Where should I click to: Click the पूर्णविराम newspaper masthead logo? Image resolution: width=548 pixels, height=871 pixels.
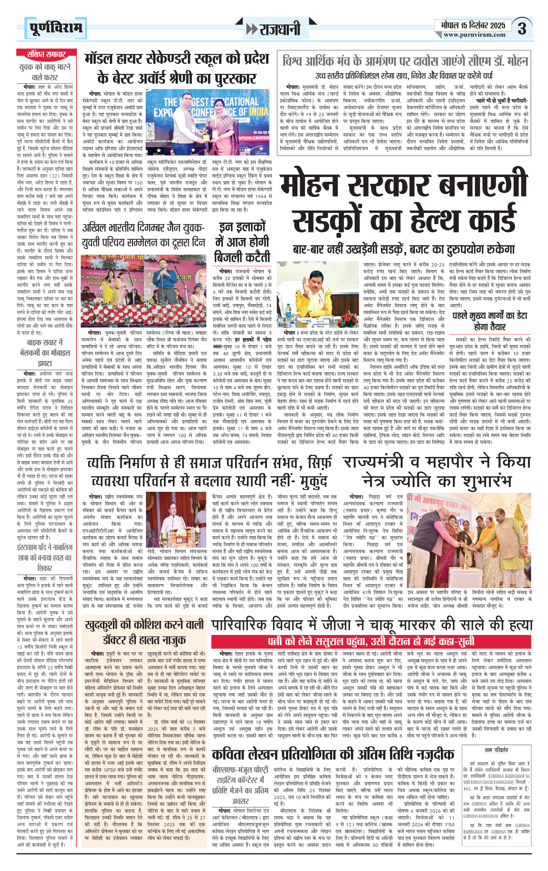pyautogui.click(x=56, y=28)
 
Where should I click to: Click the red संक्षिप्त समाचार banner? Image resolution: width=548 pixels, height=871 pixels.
pyautogui.click(x=46, y=54)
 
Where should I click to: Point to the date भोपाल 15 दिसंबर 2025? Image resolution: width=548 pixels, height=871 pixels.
pyautogui.click(x=473, y=26)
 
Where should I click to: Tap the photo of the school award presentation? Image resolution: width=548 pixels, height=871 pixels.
pyautogui.click(x=207, y=122)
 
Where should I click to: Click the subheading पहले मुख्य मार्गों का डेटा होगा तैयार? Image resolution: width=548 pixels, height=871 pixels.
pyautogui.click(x=490, y=321)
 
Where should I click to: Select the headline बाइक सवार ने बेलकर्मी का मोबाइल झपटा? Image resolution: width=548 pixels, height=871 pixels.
pyautogui.click(x=45, y=353)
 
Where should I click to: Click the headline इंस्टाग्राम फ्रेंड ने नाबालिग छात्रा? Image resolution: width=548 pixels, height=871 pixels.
pyautogui.click(x=45, y=558)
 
